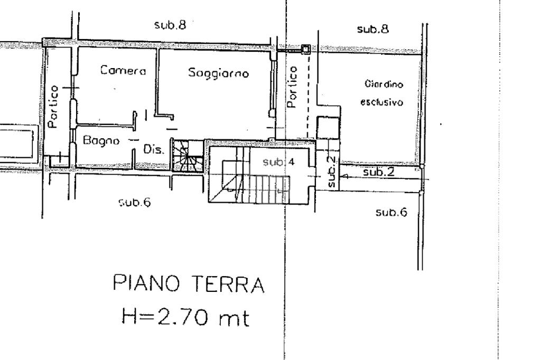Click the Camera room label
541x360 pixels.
point(123,70)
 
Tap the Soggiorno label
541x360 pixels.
point(218,73)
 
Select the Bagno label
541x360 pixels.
point(101,140)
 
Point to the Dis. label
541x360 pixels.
point(154,150)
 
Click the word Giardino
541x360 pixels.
point(384,84)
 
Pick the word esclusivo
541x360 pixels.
point(382,102)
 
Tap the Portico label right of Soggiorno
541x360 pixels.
point(292,87)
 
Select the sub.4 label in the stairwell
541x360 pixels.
point(278,162)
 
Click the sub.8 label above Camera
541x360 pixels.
point(171,25)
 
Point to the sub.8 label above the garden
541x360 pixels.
point(373,29)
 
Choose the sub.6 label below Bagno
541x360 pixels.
point(135,202)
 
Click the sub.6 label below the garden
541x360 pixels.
point(391,212)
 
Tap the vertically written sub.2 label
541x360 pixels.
point(331,172)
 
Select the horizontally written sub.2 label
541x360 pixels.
point(379,172)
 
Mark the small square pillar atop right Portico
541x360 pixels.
point(305,49)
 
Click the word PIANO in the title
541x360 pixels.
point(147,283)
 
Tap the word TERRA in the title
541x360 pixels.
point(228,284)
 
